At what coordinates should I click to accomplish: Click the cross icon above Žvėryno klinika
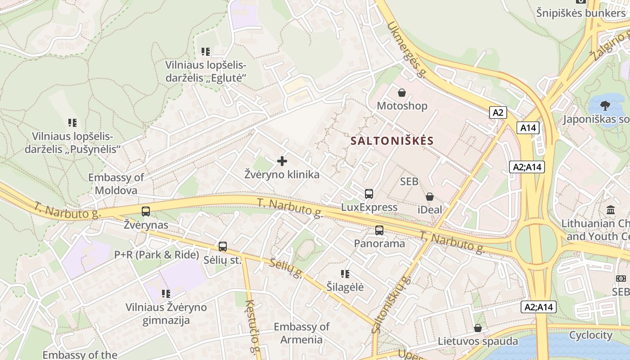click(282, 161)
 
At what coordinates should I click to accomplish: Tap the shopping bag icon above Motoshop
click(402, 93)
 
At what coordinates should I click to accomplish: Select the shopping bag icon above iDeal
click(430, 197)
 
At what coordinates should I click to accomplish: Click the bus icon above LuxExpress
click(369, 194)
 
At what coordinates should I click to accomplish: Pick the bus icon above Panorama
click(379, 230)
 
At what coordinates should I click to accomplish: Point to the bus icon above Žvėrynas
click(146, 211)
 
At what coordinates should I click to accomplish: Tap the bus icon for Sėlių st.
click(223, 247)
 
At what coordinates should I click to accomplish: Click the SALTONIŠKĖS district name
click(392, 141)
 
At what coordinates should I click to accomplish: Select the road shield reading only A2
click(498, 112)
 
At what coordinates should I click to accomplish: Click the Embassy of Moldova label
click(116, 184)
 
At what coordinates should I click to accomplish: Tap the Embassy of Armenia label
click(301, 333)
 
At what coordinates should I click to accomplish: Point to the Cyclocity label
click(590, 335)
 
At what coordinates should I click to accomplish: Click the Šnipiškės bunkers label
click(580, 13)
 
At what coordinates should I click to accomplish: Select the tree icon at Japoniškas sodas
click(605, 106)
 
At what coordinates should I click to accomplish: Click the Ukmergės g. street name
click(406, 49)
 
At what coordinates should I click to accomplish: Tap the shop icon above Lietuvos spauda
click(478, 328)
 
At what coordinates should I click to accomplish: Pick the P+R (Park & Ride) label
click(157, 255)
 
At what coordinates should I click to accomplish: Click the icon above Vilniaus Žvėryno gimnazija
click(166, 294)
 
